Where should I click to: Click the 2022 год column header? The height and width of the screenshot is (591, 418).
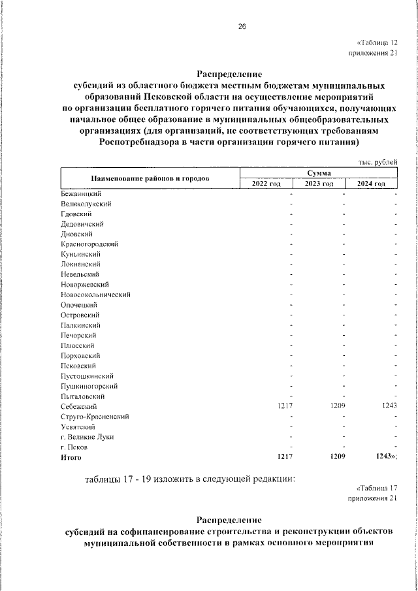[266, 184]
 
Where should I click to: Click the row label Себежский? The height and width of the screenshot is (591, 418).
[76, 406]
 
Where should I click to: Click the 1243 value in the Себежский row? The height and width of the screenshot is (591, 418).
[389, 406]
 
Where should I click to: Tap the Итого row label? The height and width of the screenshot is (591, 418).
[71, 458]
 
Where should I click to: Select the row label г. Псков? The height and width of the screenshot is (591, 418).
[72, 447]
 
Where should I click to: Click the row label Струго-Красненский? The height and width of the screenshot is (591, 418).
[94, 416]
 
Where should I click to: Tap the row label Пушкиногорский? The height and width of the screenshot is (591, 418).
[88, 386]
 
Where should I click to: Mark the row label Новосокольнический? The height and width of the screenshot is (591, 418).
[95, 295]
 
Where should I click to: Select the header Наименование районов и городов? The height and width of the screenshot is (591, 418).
[150, 178]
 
